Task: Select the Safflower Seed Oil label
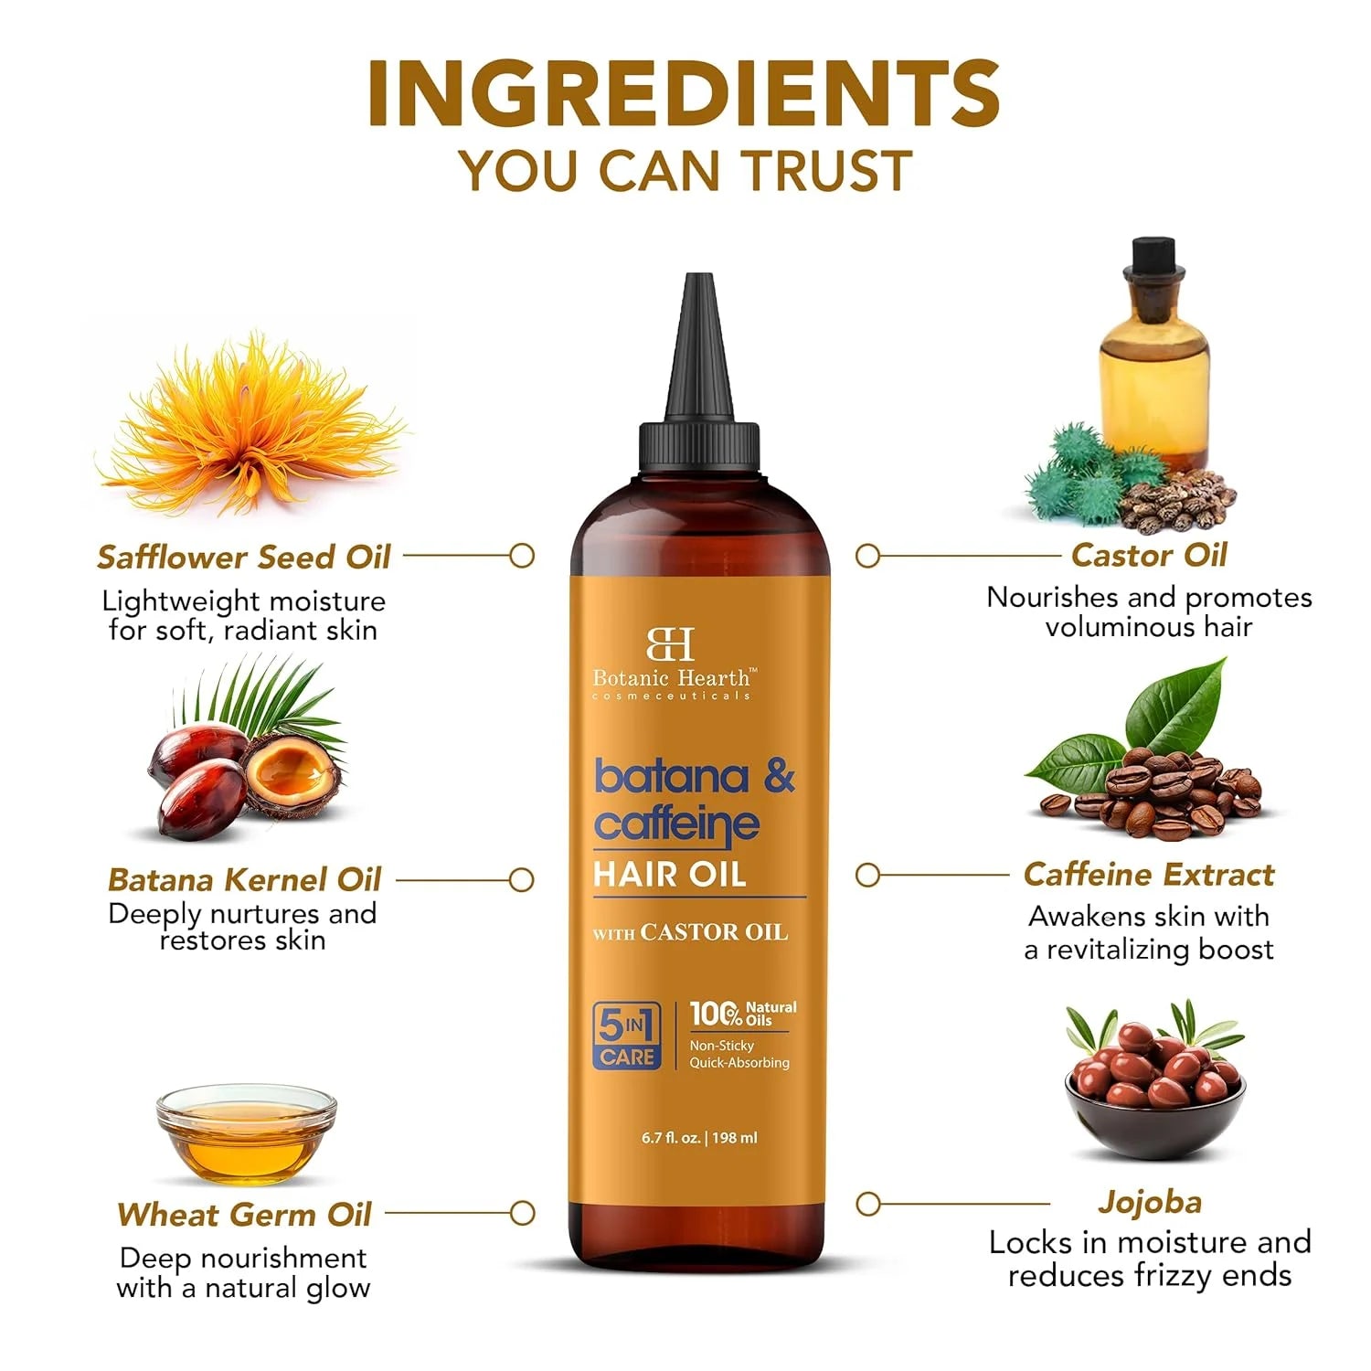[244, 557]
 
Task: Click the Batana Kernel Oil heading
[244, 879]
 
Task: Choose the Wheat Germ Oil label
[244, 1214]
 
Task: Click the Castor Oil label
[1149, 555]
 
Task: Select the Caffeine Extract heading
[1149, 875]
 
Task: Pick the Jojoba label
[1150, 1202]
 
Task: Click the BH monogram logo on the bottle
[671, 643]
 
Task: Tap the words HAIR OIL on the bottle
[669, 875]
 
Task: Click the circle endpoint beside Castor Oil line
[867, 556]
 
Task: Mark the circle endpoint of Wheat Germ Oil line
[522, 1214]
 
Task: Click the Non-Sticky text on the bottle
[721, 1046]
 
